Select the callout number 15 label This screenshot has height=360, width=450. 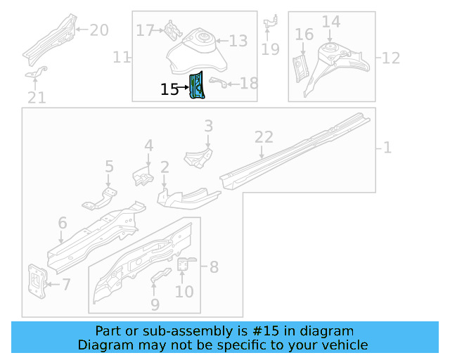(x=169, y=89)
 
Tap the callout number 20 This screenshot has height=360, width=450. (x=99, y=30)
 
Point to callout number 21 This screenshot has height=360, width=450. (x=37, y=98)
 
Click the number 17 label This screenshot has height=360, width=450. (x=145, y=30)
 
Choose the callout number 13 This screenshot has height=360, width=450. (x=238, y=41)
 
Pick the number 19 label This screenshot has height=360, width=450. (x=270, y=49)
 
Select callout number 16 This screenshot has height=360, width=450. (x=304, y=34)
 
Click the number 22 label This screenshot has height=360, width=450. (x=263, y=137)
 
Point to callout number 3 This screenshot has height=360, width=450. (x=208, y=127)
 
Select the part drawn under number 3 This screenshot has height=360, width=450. (x=198, y=157)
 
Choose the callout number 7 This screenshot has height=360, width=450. (x=66, y=284)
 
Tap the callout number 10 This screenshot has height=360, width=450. (x=184, y=290)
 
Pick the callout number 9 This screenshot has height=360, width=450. (x=155, y=304)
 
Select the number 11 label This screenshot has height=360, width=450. (x=122, y=57)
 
